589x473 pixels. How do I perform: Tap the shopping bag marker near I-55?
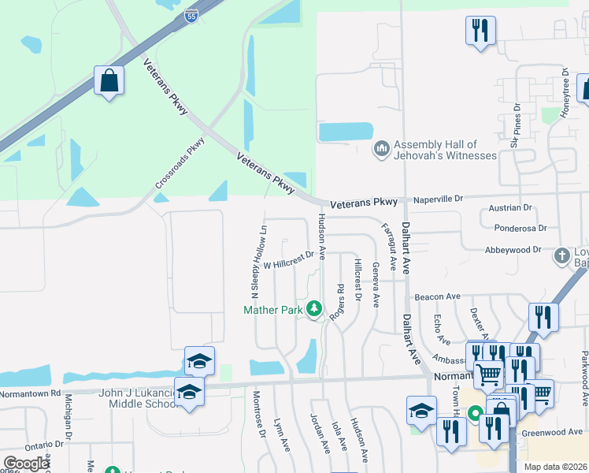coord(109,80)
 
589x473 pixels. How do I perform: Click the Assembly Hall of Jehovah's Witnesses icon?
coord(382,148)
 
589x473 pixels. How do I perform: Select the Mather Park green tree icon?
coord(314,307)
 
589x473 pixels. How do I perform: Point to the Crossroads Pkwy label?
coord(180,163)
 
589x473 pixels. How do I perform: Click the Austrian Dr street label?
coord(510,208)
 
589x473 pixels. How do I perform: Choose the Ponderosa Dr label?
coord(520,229)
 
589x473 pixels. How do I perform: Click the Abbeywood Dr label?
coord(515,249)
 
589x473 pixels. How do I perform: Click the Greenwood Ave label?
coord(556,432)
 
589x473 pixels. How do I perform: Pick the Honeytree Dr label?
coord(565,92)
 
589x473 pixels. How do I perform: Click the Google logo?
coord(26,464)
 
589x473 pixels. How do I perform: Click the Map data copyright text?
coord(555,467)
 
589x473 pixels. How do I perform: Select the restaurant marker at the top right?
coord(480,32)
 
